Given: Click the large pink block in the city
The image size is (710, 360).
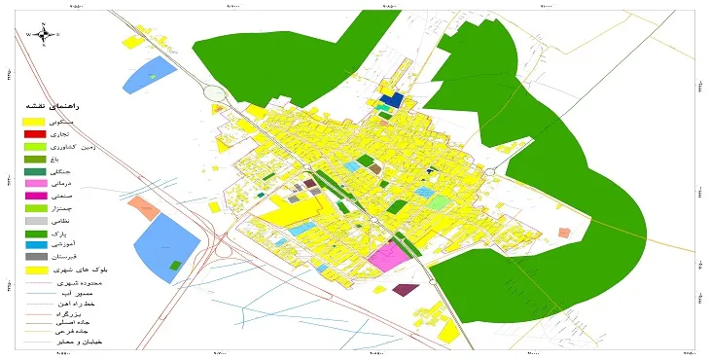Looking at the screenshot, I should coord(388,256).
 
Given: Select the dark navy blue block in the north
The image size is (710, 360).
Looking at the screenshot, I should coord(391,99).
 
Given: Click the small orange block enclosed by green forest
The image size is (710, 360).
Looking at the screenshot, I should coord(563,233).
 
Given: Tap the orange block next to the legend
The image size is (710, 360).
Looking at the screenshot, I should coord(144,206).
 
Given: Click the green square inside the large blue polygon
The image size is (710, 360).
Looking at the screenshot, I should coord(174,265).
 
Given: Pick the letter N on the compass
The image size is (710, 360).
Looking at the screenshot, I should coord(44,24).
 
